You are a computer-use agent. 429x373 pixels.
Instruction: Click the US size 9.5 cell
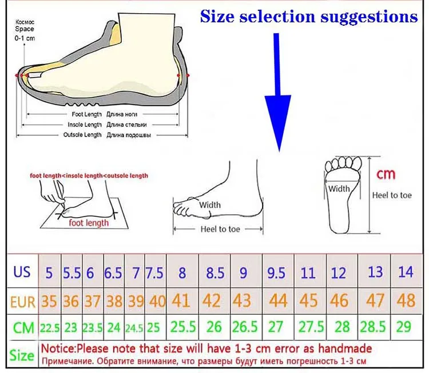[276, 273]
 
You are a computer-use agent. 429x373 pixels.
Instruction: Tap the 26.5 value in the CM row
[245, 327]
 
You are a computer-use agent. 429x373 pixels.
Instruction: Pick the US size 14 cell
[405, 272]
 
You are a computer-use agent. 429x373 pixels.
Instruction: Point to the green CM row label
[22, 327]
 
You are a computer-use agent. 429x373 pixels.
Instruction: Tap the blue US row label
[22, 271]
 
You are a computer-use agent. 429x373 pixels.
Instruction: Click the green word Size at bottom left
[22, 355]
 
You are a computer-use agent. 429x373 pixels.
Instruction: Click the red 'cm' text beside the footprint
[385, 174]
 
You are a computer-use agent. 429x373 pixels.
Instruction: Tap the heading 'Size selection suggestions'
[309, 17]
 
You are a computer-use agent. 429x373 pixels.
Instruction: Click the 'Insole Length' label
[84, 125]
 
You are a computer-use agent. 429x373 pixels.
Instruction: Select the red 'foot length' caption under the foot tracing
[89, 223]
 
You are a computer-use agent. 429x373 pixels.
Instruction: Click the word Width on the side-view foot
[210, 204]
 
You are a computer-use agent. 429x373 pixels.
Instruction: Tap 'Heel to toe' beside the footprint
[392, 195]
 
